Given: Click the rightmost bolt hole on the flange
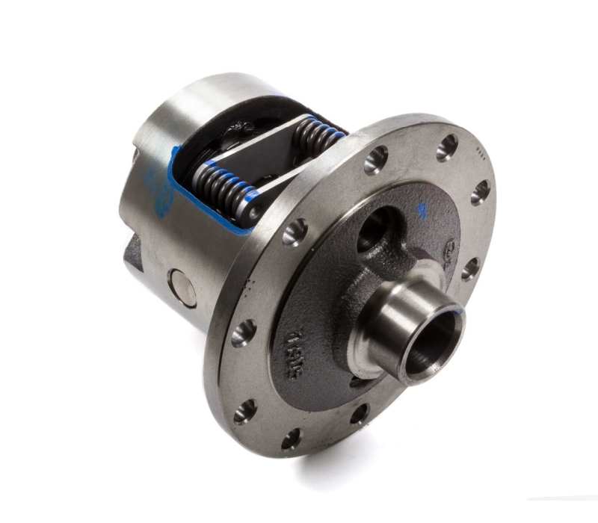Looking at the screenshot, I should tap(480, 191).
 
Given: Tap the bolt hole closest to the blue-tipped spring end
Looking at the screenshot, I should tap(294, 232).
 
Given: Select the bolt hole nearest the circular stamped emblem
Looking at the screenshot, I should tap(470, 268).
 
